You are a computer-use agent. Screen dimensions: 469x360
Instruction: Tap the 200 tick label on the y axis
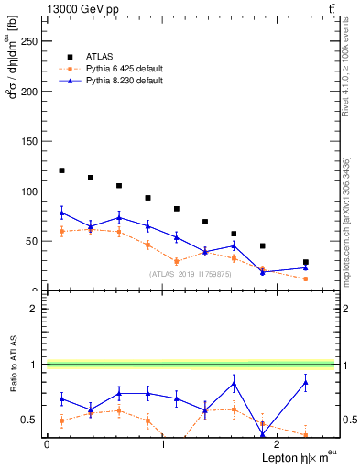(x=27, y=92)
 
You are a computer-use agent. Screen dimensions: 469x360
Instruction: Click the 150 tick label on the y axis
(x=27, y=141)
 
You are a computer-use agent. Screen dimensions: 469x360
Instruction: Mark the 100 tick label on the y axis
(x=27, y=191)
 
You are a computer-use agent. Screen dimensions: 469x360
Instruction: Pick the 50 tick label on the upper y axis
(x=30, y=241)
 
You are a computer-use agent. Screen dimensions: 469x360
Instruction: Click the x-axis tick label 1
(x=163, y=444)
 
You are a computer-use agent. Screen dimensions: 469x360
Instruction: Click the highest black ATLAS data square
(x=61, y=170)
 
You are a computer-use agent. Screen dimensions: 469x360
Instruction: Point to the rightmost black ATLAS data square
(x=306, y=262)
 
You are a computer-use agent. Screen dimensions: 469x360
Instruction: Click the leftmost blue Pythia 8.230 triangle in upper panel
(x=61, y=213)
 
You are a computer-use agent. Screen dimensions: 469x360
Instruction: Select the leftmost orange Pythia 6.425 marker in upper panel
(x=61, y=231)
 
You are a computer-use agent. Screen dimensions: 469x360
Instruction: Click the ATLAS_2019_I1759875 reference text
(x=191, y=274)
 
